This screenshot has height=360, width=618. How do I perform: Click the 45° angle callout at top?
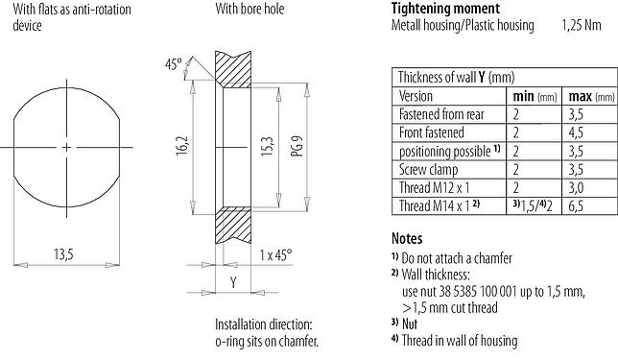pos(173,64)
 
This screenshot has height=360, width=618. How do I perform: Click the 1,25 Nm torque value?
pos(582,26)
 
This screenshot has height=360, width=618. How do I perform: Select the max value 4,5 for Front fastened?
pos(580,132)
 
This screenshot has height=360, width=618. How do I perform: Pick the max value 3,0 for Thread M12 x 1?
pos(580,188)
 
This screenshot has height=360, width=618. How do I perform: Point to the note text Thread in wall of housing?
pos(460,341)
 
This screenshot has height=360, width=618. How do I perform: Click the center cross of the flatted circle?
pos(66,147)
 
